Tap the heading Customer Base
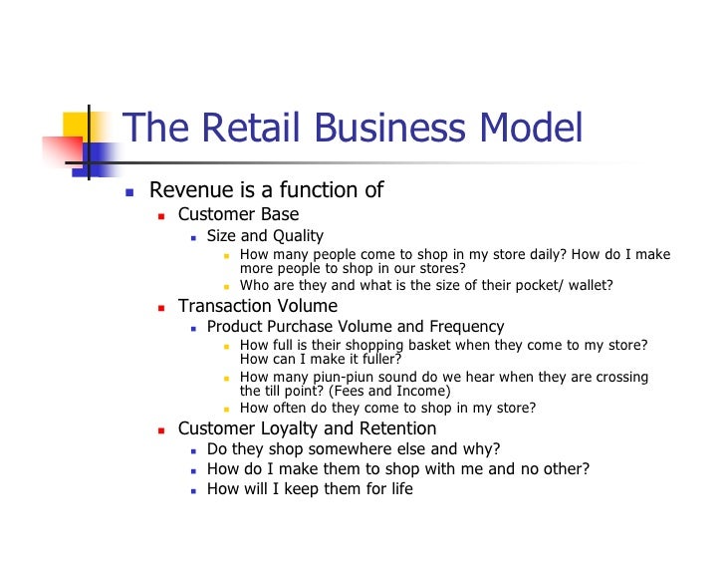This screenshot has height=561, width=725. click(x=238, y=214)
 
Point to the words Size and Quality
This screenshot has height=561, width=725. click(x=265, y=236)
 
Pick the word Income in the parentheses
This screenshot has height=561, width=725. click(x=421, y=391)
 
